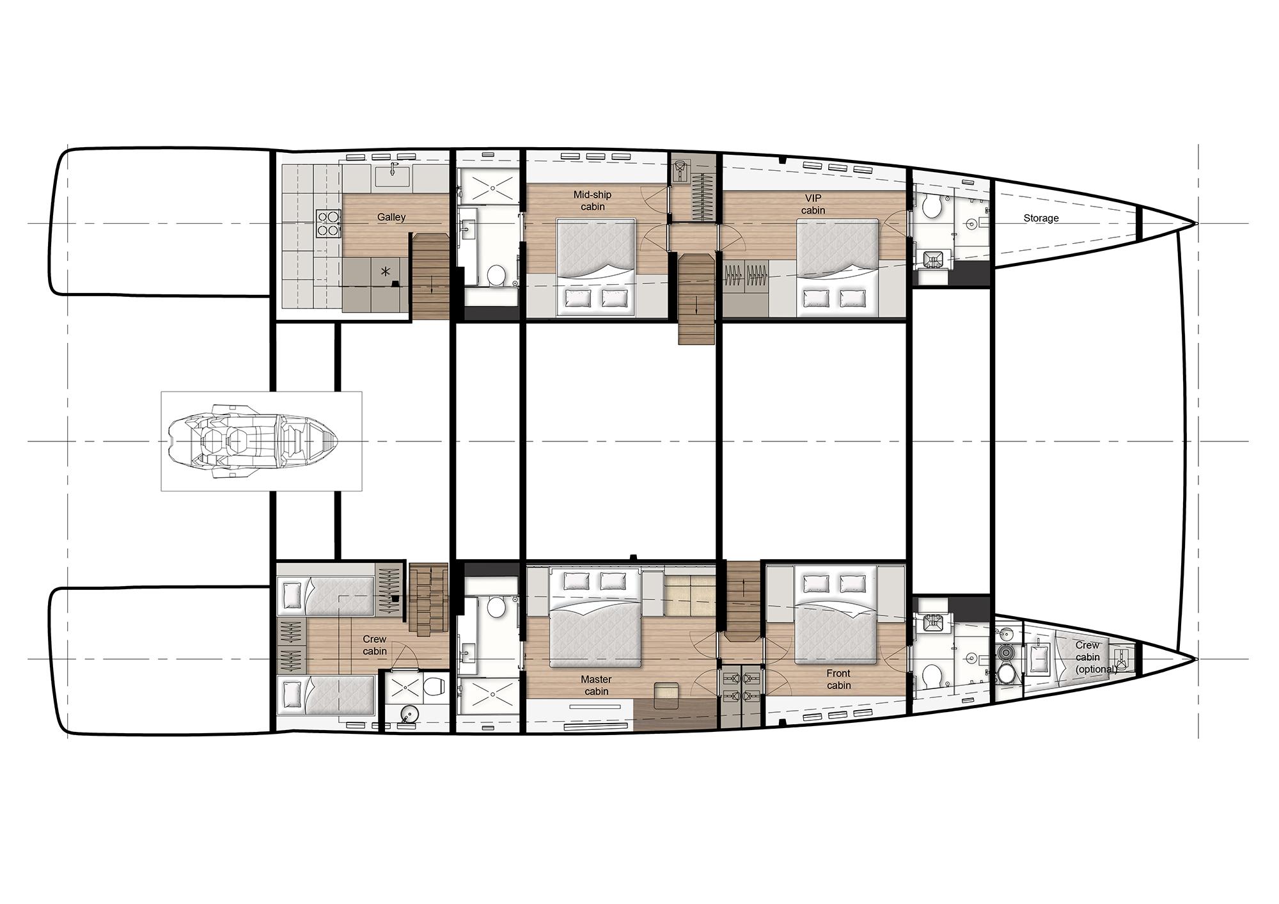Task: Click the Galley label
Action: (x=391, y=217)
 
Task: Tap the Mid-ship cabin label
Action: (x=592, y=200)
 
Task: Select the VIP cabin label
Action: (x=813, y=204)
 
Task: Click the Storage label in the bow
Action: (x=1040, y=218)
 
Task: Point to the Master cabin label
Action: (x=596, y=685)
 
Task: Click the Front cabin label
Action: (x=838, y=679)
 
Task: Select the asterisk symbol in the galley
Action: (x=385, y=273)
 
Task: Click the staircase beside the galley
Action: (x=430, y=276)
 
